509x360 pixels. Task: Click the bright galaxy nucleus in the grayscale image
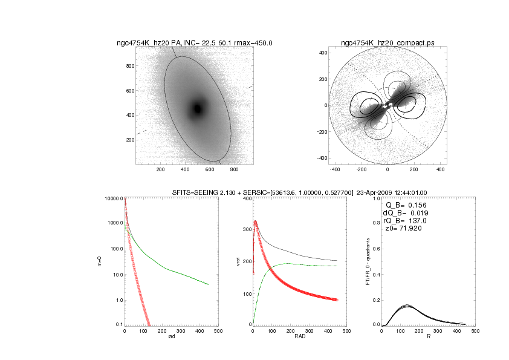(197, 109)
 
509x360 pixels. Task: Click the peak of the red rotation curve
(255, 221)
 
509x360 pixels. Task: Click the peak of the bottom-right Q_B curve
(406, 306)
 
